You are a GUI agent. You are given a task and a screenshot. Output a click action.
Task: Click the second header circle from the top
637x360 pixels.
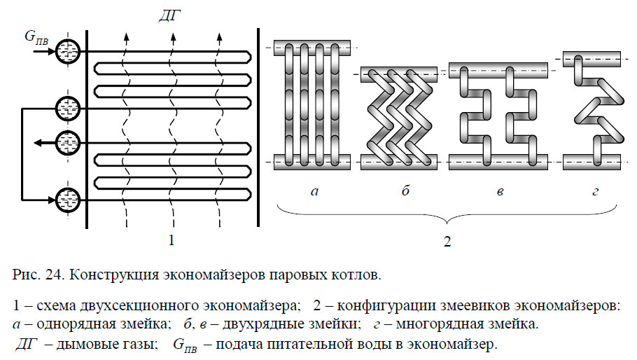pyautogui.click(x=68, y=108)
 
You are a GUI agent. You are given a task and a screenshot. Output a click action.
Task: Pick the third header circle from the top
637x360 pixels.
pyautogui.click(x=68, y=141)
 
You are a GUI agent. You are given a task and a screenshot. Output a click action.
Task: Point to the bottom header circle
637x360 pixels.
pyautogui.click(x=68, y=199)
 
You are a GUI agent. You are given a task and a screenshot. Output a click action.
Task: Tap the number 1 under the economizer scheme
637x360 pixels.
pyautogui.click(x=171, y=241)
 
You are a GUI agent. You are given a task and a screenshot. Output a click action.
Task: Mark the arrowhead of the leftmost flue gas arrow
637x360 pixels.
pyautogui.click(x=126, y=36)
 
